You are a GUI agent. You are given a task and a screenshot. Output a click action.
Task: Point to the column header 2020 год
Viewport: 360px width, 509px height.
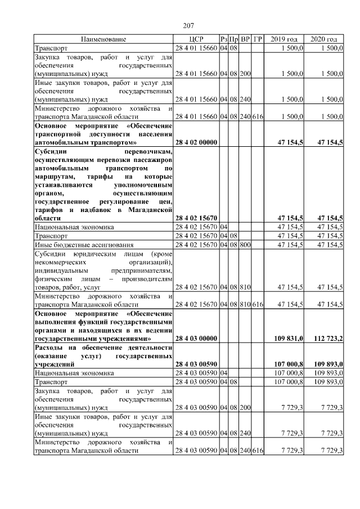[x=324, y=39]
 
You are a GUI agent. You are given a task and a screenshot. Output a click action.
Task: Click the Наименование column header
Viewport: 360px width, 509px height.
[x=103, y=39]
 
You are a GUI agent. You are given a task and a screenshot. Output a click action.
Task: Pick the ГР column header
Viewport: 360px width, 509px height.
[x=258, y=39]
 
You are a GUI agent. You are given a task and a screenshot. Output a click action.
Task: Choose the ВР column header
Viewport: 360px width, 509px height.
[x=245, y=39]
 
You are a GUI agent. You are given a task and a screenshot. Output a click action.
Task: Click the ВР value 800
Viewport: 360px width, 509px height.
[x=245, y=245]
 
